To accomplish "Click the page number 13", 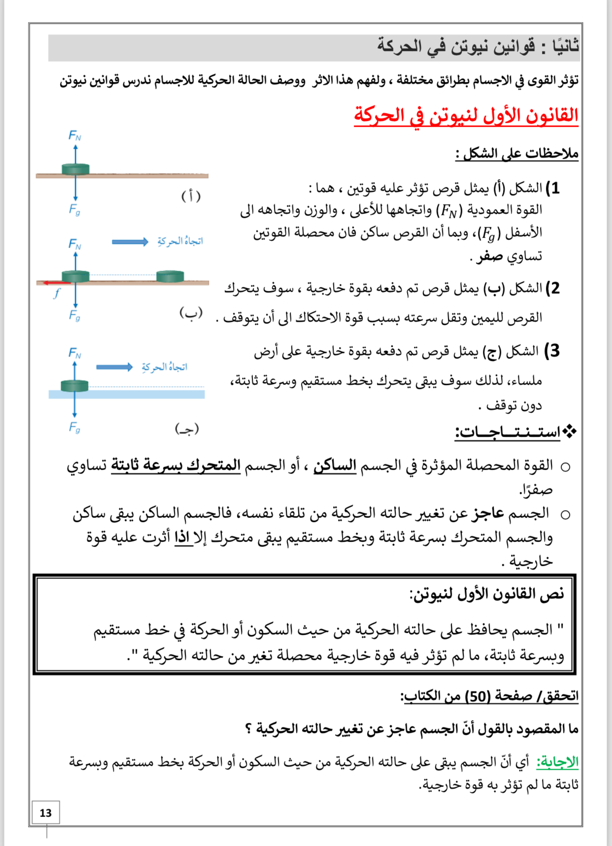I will click(45, 812).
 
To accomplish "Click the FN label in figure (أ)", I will click(74, 135).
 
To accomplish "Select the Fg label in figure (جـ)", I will click(74, 427).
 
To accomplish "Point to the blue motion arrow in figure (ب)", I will click(130, 241).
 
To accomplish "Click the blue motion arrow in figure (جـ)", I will click(114, 367).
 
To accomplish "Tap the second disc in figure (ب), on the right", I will click(170, 276).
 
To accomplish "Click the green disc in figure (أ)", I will click(75, 169).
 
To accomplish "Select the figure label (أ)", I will click(191, 196).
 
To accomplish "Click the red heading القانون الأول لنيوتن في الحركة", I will click(466, 116).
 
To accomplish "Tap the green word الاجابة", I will click(557, 762).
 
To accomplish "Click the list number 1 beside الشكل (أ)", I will click(555, 188).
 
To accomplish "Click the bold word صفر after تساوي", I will click(489, 256).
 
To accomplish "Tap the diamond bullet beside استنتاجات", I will click(570, 432).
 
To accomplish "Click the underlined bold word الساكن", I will click(335, 465).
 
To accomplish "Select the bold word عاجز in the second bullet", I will click(488, 513).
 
